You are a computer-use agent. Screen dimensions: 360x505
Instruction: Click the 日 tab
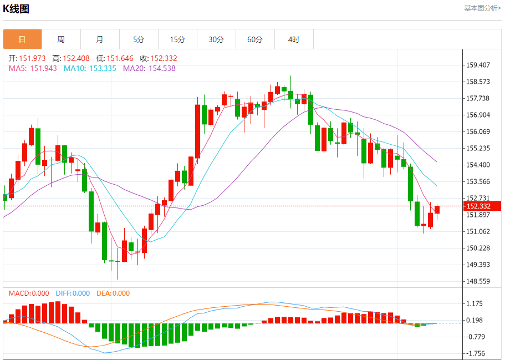22,39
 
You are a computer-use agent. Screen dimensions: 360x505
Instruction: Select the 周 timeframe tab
61,39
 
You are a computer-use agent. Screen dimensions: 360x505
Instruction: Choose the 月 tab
100,39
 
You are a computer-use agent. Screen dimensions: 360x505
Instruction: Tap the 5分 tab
139,39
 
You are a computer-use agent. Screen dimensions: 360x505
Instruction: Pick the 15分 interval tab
177,39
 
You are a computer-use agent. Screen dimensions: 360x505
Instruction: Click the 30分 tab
216,39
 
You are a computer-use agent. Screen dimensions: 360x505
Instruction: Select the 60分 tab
255,39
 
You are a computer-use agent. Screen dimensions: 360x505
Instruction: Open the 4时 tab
294,39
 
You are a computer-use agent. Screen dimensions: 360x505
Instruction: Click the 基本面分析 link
482,8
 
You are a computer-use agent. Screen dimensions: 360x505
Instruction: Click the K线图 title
17,9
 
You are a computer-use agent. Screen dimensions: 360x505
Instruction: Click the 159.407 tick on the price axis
478,65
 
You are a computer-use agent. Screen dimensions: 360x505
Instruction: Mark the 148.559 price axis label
478,281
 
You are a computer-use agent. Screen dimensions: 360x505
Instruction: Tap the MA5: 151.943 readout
33,68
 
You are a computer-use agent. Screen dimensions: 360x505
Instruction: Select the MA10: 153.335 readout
90,68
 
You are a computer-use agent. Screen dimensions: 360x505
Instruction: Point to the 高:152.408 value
71,58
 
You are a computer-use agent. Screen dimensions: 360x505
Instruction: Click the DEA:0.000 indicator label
113,293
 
